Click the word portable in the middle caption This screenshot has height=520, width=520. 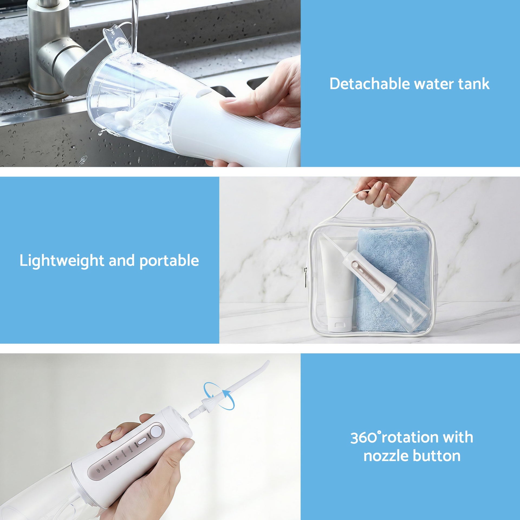(169, 261)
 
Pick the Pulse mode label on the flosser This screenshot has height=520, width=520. (110, 463)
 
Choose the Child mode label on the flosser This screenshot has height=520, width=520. (103, 467)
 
